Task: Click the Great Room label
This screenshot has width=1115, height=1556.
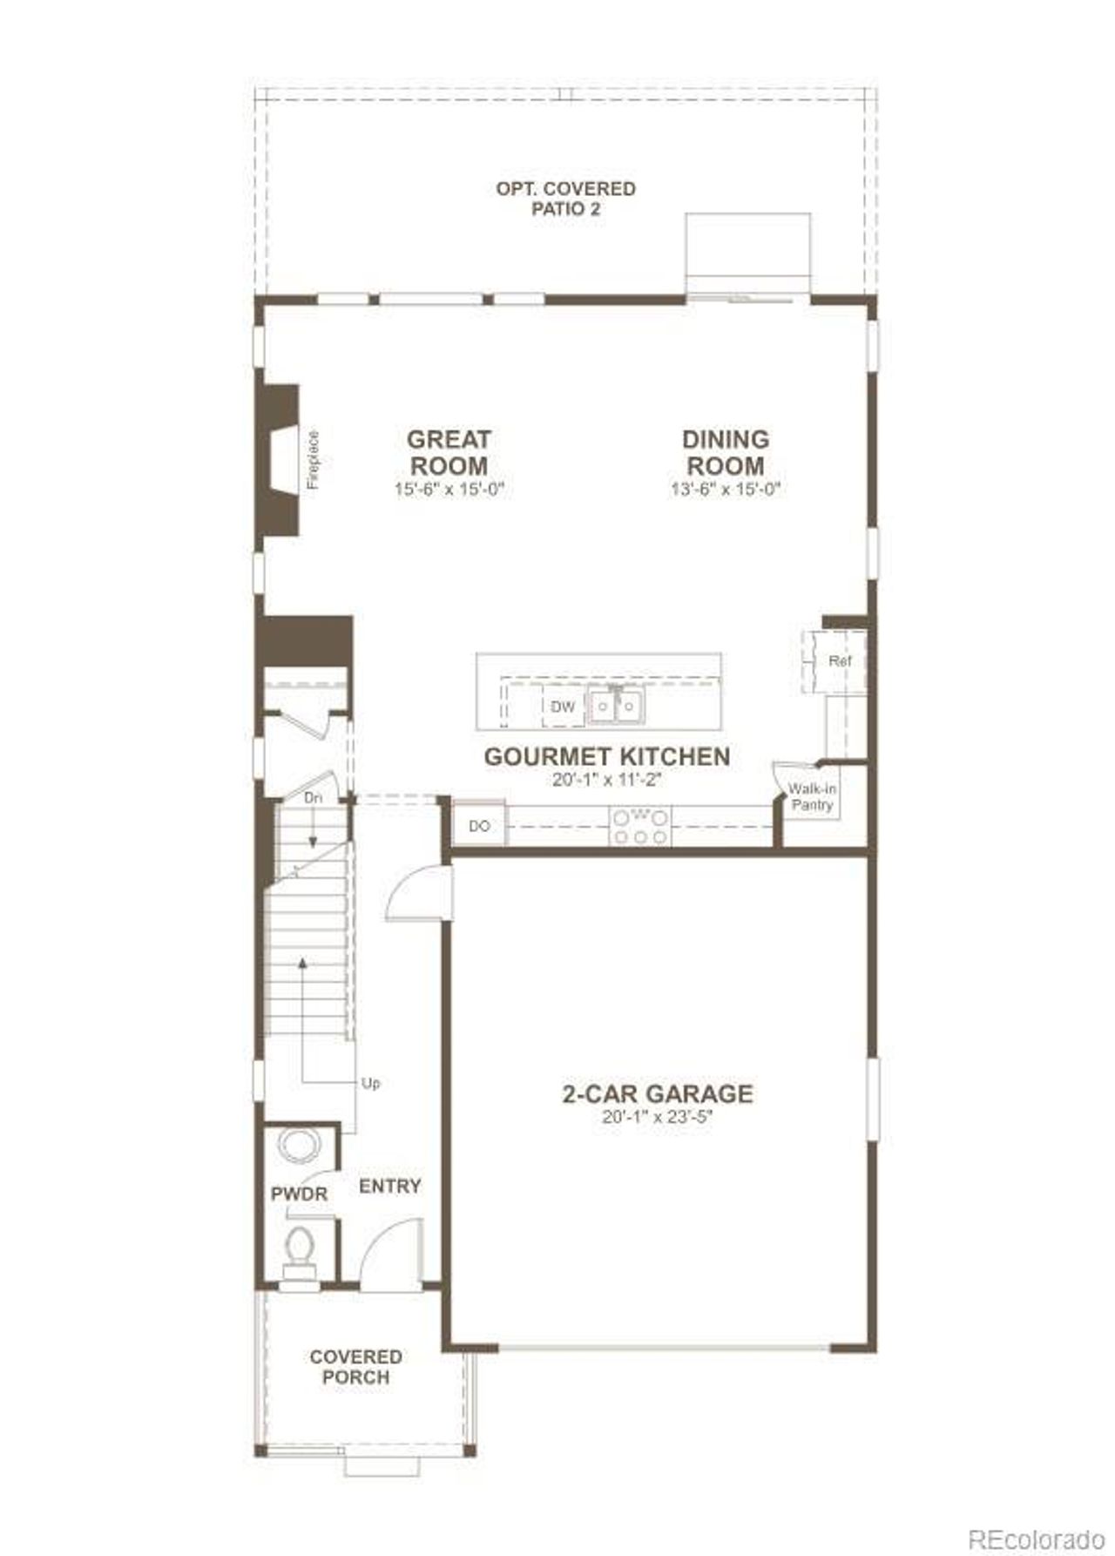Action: [x=449, y=452]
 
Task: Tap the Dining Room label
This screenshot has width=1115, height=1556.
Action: [x=725, y=452]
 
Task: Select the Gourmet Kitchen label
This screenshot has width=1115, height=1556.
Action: [x=607, y=756]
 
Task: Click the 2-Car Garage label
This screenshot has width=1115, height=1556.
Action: [x=657, y=1093]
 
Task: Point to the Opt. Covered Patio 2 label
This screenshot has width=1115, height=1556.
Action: [x=565, y=199]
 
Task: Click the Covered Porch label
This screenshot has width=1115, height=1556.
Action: [x=355, y=1366]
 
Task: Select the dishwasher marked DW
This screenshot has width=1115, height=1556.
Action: [x=563, y=707]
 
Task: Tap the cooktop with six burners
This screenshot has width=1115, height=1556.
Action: [x=640, y=826]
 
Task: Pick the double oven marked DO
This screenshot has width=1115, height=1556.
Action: [x=479, y=826]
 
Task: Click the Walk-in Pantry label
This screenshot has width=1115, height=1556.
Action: [x=812, y=797]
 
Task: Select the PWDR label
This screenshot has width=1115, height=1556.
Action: [x=299, y=1194]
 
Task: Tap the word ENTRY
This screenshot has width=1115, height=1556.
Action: [x=389, y=1186]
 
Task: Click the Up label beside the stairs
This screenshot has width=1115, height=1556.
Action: [x=370, y=1085]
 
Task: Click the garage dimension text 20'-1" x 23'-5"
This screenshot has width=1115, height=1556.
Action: [x=657, y=1118]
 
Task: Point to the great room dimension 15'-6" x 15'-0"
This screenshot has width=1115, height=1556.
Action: [x=449, y=489]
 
